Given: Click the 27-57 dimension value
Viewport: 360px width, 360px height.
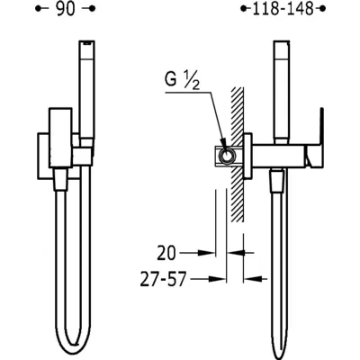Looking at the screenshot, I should (x=164, y=279).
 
